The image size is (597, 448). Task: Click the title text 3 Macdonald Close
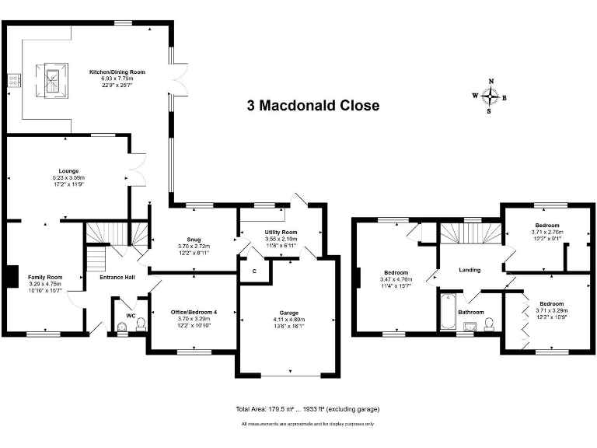313,106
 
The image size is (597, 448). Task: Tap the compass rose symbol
490,96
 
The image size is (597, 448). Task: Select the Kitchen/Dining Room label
117,72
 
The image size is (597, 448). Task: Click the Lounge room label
69,171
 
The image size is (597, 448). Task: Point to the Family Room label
44,278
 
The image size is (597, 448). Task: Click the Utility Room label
281,232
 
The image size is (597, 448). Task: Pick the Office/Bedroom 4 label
194,312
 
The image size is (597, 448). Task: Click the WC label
131,315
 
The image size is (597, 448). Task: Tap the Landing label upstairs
470,270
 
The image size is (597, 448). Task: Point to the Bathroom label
471,312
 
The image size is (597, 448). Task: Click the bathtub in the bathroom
449,313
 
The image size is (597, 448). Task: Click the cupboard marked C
254,271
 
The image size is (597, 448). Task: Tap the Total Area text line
307,409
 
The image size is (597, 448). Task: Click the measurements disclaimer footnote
307,424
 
